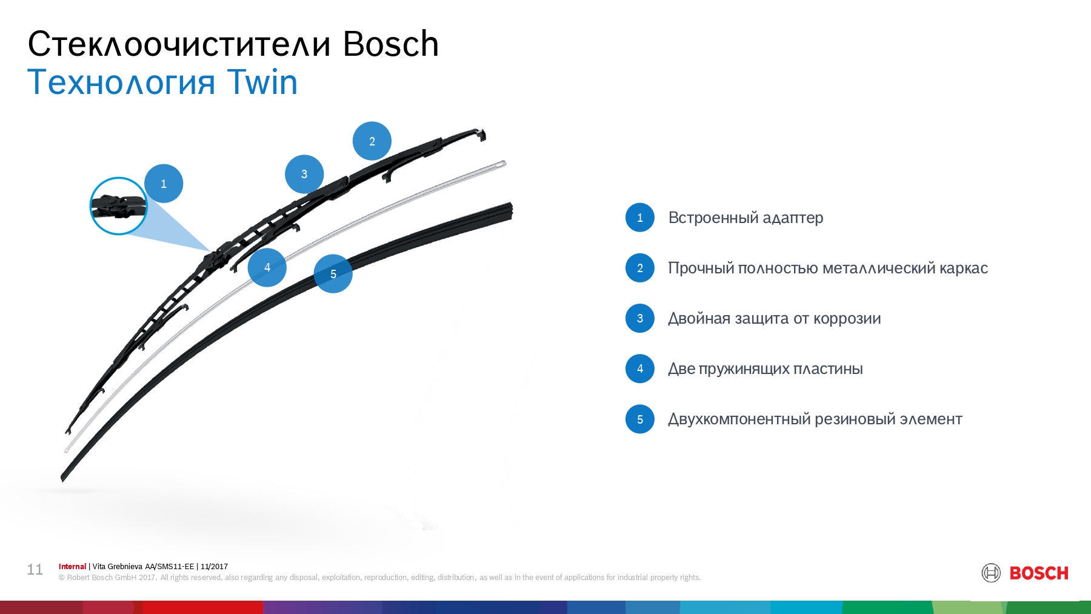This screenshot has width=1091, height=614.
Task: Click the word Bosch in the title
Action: click(391, 44)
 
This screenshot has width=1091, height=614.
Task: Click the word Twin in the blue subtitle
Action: click(262, 82)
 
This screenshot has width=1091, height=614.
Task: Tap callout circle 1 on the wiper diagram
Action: click(164, 184)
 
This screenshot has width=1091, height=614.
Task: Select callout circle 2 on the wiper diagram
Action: click(372, 141)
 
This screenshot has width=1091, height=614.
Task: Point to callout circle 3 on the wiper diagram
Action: click(304, 174)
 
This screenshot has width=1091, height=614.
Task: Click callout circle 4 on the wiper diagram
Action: click(267, 267)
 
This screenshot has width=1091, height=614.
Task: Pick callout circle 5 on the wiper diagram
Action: click(333, 274)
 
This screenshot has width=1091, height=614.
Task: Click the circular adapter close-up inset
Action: click(119, 206)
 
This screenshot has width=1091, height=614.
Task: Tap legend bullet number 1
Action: click(640, 218)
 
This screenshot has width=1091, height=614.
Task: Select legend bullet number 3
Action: click(640, 318)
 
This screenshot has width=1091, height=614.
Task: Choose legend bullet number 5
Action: click(640, 419)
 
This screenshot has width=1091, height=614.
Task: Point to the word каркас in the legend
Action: click(964, 269)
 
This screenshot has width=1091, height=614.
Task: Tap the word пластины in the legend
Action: click(828, 369)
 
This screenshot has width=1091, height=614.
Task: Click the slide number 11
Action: click(35, 570)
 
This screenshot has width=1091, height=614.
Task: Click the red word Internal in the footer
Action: click(72, 567)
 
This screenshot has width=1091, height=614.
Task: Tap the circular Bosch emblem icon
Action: click(991, 573)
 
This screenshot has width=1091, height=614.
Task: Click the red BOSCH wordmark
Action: click(1039, 573)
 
